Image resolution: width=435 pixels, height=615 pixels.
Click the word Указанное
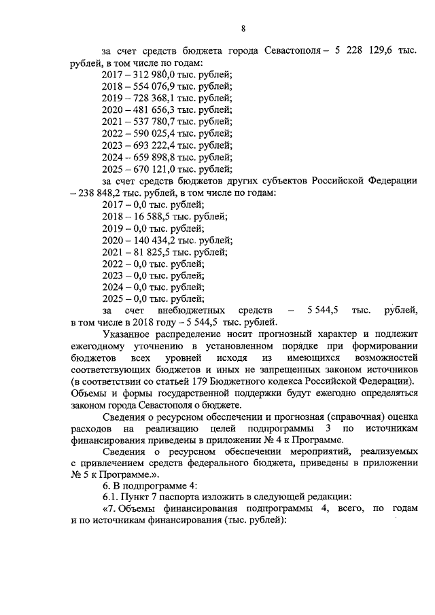[133, 334]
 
